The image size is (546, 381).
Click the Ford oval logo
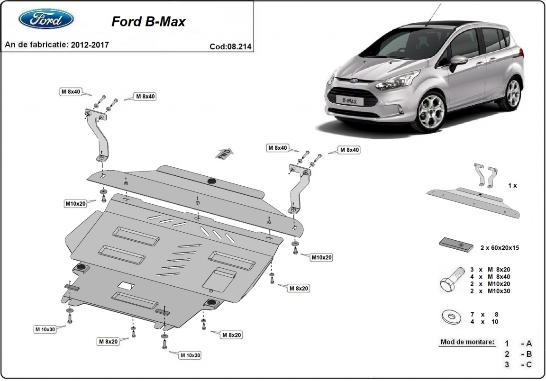[x=46, y=19]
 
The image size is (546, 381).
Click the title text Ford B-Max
[x=148, y=22]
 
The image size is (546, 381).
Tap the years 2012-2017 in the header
[x=90, y=45]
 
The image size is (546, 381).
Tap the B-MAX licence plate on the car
[x=350, y=100]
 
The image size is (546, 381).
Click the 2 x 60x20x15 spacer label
[x=500, y=247]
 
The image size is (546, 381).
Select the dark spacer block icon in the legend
[x=457, y=244]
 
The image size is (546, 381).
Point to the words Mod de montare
[x=467, y=342]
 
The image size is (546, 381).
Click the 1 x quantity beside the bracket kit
[x=512, y=186]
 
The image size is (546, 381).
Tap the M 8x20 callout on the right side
[x=299, y=288]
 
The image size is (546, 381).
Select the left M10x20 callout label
[x=76, y=204]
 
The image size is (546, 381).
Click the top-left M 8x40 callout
[x=70, y=91]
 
